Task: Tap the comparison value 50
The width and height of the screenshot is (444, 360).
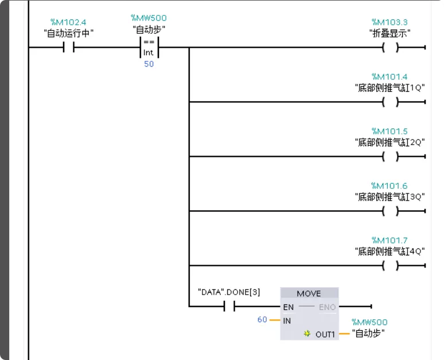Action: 149,64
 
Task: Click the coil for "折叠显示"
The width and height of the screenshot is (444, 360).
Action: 390,48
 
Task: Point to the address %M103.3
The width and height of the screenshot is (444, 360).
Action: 390,22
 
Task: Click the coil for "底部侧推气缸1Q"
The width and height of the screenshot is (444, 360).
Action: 390,102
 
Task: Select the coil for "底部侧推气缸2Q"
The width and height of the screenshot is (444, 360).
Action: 390,156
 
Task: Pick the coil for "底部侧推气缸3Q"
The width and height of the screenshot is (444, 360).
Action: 390,211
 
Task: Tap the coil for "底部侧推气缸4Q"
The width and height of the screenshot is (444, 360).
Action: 390,265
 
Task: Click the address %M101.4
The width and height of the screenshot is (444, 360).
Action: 390,76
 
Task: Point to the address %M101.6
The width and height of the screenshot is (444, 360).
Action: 390,185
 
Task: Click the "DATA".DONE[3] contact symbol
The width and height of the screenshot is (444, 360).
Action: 229,307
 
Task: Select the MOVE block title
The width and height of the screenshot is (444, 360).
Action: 309,293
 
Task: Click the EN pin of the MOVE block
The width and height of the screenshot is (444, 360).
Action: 288,307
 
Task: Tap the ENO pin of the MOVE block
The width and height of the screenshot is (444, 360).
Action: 327,307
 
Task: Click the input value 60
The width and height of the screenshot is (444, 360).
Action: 262,320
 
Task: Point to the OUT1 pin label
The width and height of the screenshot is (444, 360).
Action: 325,334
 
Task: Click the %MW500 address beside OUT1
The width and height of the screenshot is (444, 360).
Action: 369,322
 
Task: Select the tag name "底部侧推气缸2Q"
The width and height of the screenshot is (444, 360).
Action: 390,142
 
